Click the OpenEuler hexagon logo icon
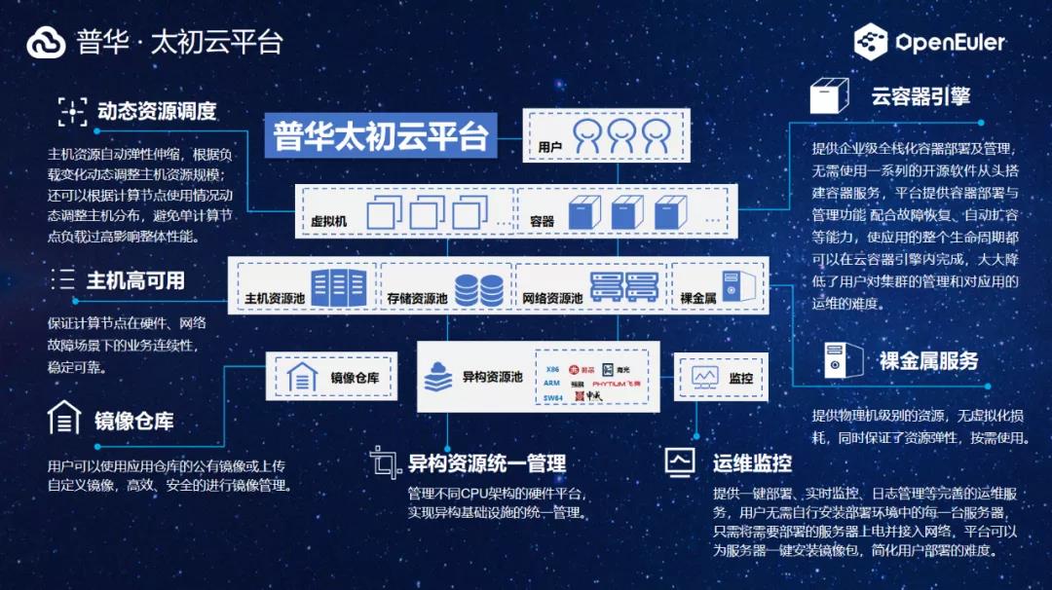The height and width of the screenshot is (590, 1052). tap(871, 43)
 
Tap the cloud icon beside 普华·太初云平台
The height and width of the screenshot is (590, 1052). tap(46, 43)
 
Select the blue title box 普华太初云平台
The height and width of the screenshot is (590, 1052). tap(381, 136)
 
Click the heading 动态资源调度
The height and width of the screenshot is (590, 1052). tap(156, 111)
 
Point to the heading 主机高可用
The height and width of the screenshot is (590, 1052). tap(135, 280)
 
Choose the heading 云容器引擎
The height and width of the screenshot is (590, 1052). tap(920, 96)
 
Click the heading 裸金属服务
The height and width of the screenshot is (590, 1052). tap(928, 360)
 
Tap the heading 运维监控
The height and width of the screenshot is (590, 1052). tap(751, 461)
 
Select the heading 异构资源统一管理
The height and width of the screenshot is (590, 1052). tap(486, 462)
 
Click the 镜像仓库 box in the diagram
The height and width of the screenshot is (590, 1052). tap(332, 377)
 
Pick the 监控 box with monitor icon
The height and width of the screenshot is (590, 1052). tap(721, 377)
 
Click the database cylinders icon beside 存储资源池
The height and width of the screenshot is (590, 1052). tap(478, 289)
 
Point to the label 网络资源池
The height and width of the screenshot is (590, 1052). tap(551, 298)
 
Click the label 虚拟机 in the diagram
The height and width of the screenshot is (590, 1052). tap(328, 221)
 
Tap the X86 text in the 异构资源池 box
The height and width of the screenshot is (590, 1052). tap(552, 370)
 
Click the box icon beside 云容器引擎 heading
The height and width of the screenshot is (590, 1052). tap(827, 97)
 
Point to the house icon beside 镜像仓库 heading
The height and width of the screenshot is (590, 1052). tap(64, 418)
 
